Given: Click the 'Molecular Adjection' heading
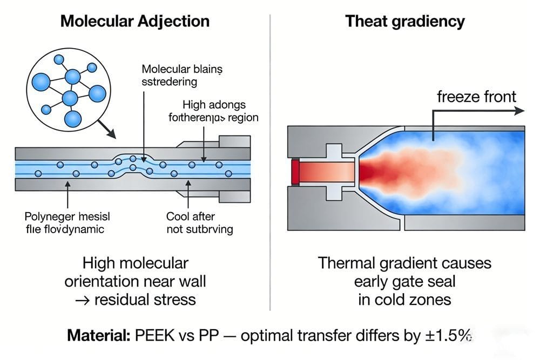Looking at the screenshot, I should [134, 21].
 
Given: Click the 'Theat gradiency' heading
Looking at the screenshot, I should [404, 21].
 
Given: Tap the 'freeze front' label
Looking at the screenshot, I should [476, 97].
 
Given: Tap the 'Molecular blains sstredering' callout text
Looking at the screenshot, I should [181, 76].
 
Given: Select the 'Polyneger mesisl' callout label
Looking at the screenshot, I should [67, 216].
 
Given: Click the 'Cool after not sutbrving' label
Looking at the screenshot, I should [199, 223].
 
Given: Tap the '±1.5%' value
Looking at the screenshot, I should [448, 336].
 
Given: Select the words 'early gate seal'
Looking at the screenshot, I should [404, 281].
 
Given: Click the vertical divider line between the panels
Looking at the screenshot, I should [269, 162].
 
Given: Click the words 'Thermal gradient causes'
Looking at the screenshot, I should [404, 263].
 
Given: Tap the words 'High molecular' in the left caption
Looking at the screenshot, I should [136, 263].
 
